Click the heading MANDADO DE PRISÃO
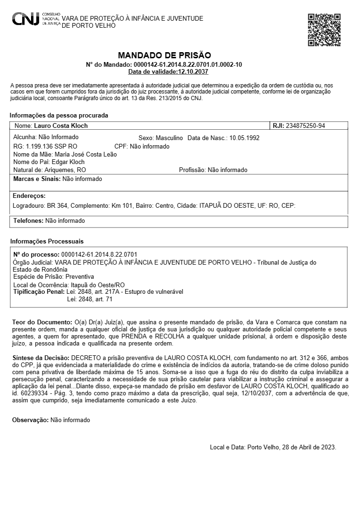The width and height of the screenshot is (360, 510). [164, 55]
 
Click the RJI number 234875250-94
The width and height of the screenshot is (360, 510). [305, 126]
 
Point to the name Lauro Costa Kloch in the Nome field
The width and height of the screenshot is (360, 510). [61, 126]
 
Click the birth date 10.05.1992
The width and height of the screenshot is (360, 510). [244, 138]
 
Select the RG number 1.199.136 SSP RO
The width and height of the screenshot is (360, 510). [52, 146]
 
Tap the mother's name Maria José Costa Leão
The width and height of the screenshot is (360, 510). [86, 154]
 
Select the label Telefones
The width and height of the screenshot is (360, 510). [28, 220]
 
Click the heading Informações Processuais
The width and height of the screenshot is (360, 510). [47, 241]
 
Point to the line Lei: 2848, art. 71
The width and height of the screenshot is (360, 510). [90, 299]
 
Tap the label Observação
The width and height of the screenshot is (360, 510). [30, 420]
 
